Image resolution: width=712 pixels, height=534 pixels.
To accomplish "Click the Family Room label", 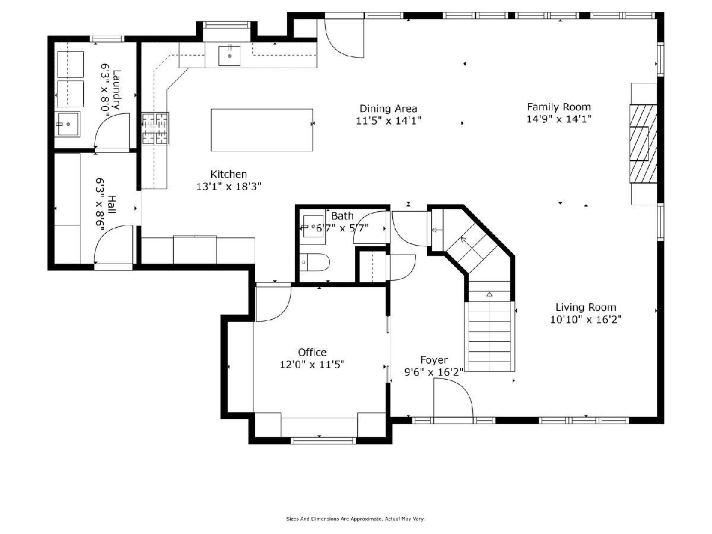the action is click(x=558, y=107).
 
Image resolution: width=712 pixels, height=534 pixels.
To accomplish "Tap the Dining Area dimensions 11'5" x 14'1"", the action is click(x=388, y=120).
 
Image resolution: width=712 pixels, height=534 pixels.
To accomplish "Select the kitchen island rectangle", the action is click(x=262, y=130).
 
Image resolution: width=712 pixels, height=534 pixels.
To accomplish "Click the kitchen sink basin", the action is click(x=230, y=56).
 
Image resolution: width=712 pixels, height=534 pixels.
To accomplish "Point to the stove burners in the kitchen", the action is click(x=155, y=128).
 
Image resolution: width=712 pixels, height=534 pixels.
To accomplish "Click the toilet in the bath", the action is click(x=314, y=262).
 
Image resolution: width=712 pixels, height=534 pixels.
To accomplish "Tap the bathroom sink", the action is click(x=313, y=226).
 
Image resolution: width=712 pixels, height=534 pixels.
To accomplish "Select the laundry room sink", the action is click(x=67, y=124).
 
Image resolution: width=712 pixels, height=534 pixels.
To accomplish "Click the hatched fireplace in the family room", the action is click(x=643, y=144).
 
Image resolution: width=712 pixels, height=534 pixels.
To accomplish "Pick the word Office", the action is click(x=312, y=352).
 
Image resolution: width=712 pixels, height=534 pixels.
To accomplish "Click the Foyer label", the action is click(x=434, y=360).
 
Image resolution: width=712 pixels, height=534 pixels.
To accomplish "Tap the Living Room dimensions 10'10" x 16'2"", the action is click(x=586, y=320).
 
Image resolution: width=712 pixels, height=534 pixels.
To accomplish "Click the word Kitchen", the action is click(x=228, y=174).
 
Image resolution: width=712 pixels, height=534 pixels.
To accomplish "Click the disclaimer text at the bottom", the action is click(x=355, y=519).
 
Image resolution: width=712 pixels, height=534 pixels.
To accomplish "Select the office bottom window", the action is click(x=323, y=440).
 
